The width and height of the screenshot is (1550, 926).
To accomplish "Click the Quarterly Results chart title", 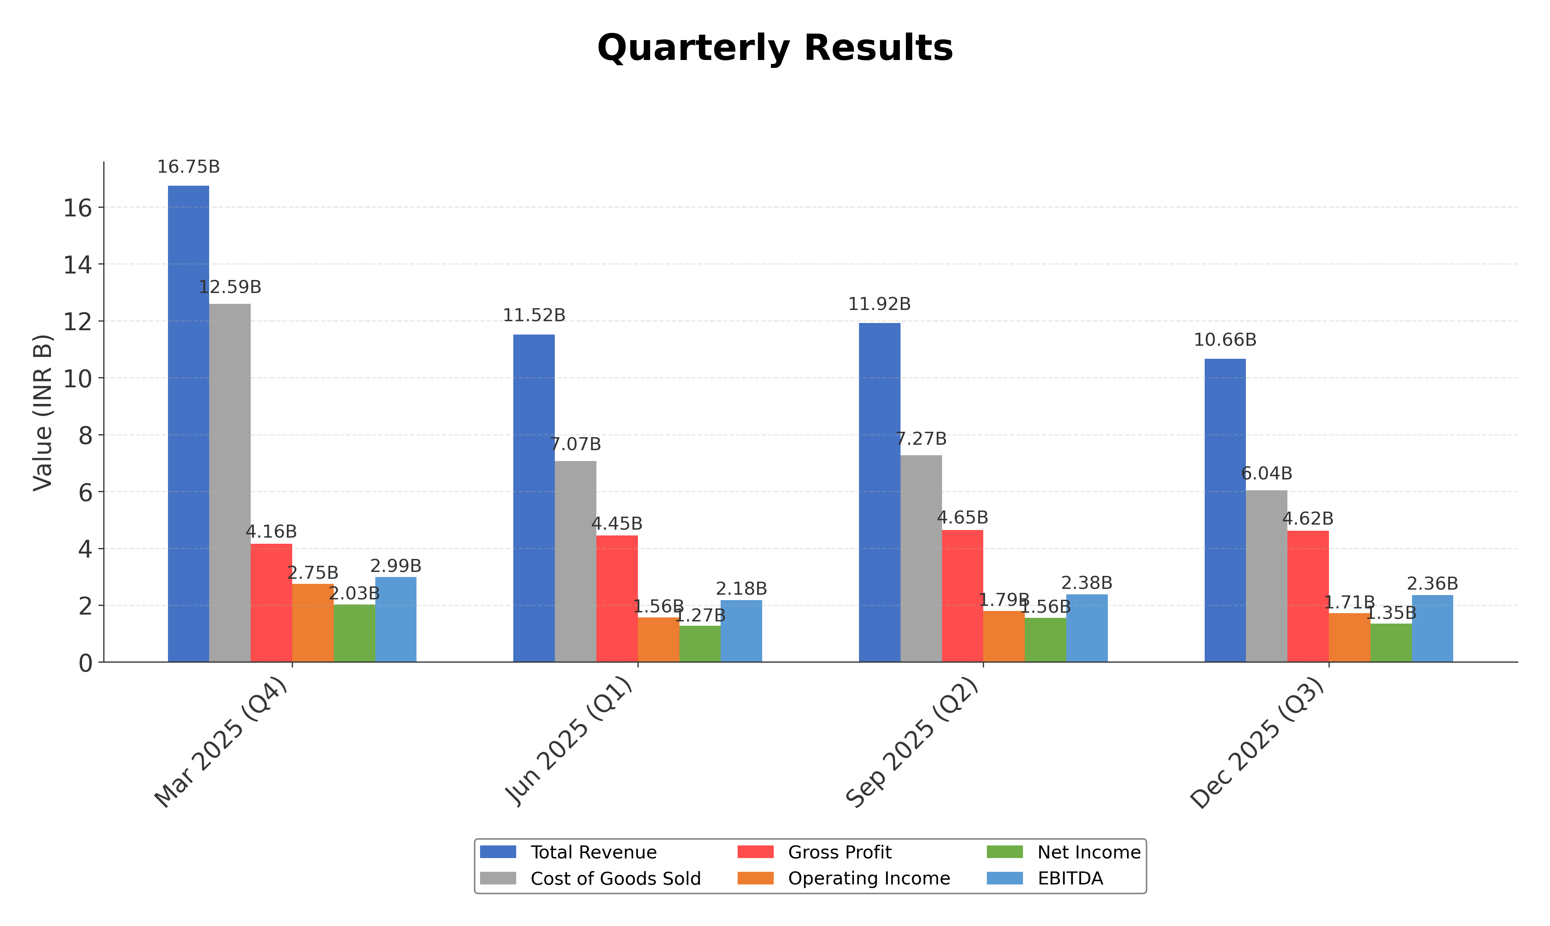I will pos(775,48).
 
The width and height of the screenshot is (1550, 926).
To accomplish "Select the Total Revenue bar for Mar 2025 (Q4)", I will pos(188,424).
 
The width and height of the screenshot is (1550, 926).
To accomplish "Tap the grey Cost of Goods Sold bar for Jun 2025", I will pos(575,561).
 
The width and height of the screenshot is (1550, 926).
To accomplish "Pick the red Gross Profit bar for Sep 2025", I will pos(962,596).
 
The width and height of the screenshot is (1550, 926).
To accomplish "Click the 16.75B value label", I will pos(188,167).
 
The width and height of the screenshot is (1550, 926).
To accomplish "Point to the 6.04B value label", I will pos(1266,474).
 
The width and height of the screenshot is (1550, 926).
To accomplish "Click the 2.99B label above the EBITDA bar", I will pos(396,566).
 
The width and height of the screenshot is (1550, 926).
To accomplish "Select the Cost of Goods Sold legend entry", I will pos(615,879).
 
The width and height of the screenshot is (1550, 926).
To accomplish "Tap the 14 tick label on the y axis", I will pos(77,264).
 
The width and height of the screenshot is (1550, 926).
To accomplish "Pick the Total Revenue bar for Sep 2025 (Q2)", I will pos(880,493).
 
